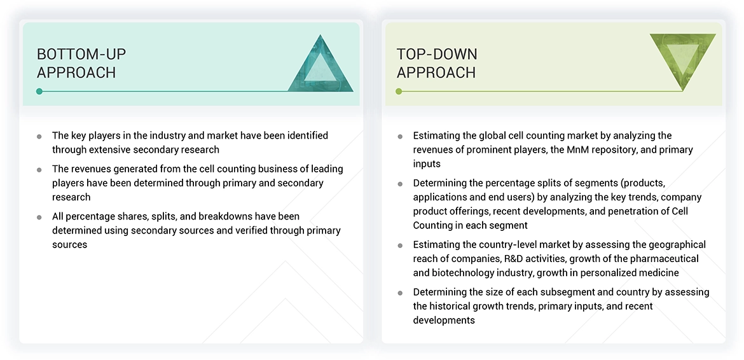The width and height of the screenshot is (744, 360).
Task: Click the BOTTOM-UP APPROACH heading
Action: (x=76, y=63)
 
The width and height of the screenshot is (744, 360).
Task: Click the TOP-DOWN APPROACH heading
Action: (x=437, y=63)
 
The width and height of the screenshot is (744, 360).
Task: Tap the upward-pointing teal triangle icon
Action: (x=320, y=66)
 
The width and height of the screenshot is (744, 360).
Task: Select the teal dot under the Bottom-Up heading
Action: (x=39, y=92)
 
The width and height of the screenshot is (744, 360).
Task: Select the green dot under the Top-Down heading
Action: (x=399, y=92)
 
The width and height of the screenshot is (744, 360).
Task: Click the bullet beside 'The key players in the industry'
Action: (x=39, y=136)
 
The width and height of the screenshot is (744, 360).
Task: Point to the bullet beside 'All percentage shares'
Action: (x=39, y=217)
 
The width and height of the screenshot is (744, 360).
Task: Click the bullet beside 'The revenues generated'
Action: (x=39, y=170)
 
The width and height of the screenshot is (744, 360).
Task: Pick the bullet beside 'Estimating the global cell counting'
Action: (x=400, y=136)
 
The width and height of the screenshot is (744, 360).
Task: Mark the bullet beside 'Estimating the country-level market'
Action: (x=400, y=245)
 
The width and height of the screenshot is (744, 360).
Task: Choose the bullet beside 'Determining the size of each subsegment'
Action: (x=400, y=293)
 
